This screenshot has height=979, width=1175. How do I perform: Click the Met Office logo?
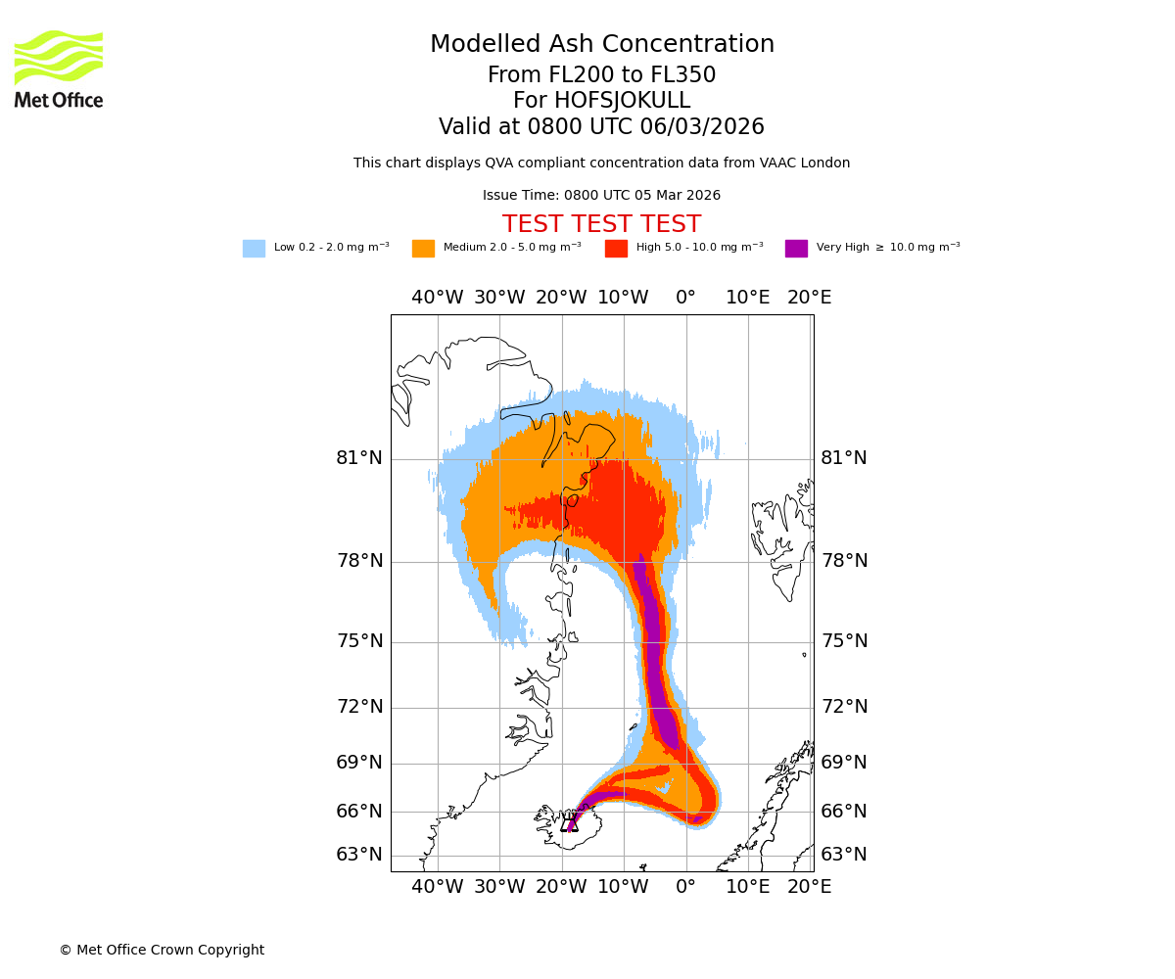coord(59,69)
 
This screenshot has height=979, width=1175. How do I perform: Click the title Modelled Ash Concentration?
coord(602,45)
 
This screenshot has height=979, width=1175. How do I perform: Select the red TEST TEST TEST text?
coord(601,224)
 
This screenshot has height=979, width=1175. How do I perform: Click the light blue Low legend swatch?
coord(254,248)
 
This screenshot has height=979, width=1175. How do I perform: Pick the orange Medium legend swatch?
coord(423,248)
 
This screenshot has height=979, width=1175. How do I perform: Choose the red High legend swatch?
coord(616,248)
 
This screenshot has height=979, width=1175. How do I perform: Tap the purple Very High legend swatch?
coord(796,248)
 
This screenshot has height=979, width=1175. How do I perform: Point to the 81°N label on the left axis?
coord(359,458)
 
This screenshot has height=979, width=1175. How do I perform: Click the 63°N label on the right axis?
coord(844,855)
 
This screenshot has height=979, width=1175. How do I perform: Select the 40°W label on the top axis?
coord(437,298)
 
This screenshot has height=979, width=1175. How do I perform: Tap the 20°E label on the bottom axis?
coord(810,887)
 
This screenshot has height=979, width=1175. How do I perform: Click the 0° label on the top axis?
coord(685,298)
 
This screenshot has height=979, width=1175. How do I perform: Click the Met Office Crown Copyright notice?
coord(162,950)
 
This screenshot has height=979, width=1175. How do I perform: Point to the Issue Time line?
coord(601,195)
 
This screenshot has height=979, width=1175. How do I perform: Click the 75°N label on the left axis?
coord(359,641)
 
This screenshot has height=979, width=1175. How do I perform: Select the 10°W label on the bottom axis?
coord(623,887)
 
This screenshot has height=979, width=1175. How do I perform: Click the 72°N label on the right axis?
coord(844,707)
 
